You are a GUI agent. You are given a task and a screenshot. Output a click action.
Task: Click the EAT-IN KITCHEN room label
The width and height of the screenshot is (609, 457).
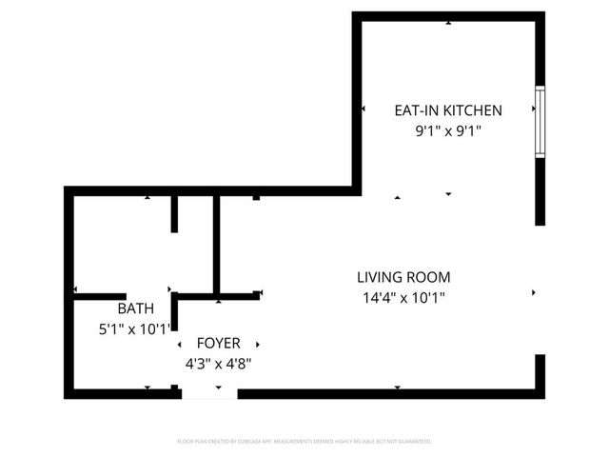click(448, 110)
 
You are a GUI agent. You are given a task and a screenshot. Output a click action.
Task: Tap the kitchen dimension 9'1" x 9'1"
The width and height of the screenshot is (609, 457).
click(448, 131)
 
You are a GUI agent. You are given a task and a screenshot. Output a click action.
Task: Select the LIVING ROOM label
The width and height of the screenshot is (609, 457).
click(403, 277)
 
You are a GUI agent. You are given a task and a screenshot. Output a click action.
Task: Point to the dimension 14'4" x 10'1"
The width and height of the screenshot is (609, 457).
click(403, 297)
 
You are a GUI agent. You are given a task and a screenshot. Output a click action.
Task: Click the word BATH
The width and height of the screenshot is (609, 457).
click(135, 309)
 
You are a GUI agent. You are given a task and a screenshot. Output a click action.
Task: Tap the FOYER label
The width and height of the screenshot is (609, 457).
click(219, 343)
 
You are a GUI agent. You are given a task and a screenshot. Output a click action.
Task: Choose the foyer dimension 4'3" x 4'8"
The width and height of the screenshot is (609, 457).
click(219, 363)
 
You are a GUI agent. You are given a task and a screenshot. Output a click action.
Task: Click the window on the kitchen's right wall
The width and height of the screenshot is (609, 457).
click(540, 122)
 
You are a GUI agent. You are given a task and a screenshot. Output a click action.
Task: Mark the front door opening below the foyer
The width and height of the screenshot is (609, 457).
click(208, 392)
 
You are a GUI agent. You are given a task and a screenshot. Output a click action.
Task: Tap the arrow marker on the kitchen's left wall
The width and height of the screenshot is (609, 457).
click(363, 109)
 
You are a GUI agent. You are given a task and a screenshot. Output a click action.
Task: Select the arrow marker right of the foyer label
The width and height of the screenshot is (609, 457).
click(258, 344)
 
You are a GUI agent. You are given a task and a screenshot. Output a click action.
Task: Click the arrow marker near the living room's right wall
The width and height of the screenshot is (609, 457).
click(533, 292)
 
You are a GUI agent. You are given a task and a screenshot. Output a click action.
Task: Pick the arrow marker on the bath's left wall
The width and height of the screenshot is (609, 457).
click(74, 290)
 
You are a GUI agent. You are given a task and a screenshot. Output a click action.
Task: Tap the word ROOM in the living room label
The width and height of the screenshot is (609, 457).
click(430, 277)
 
